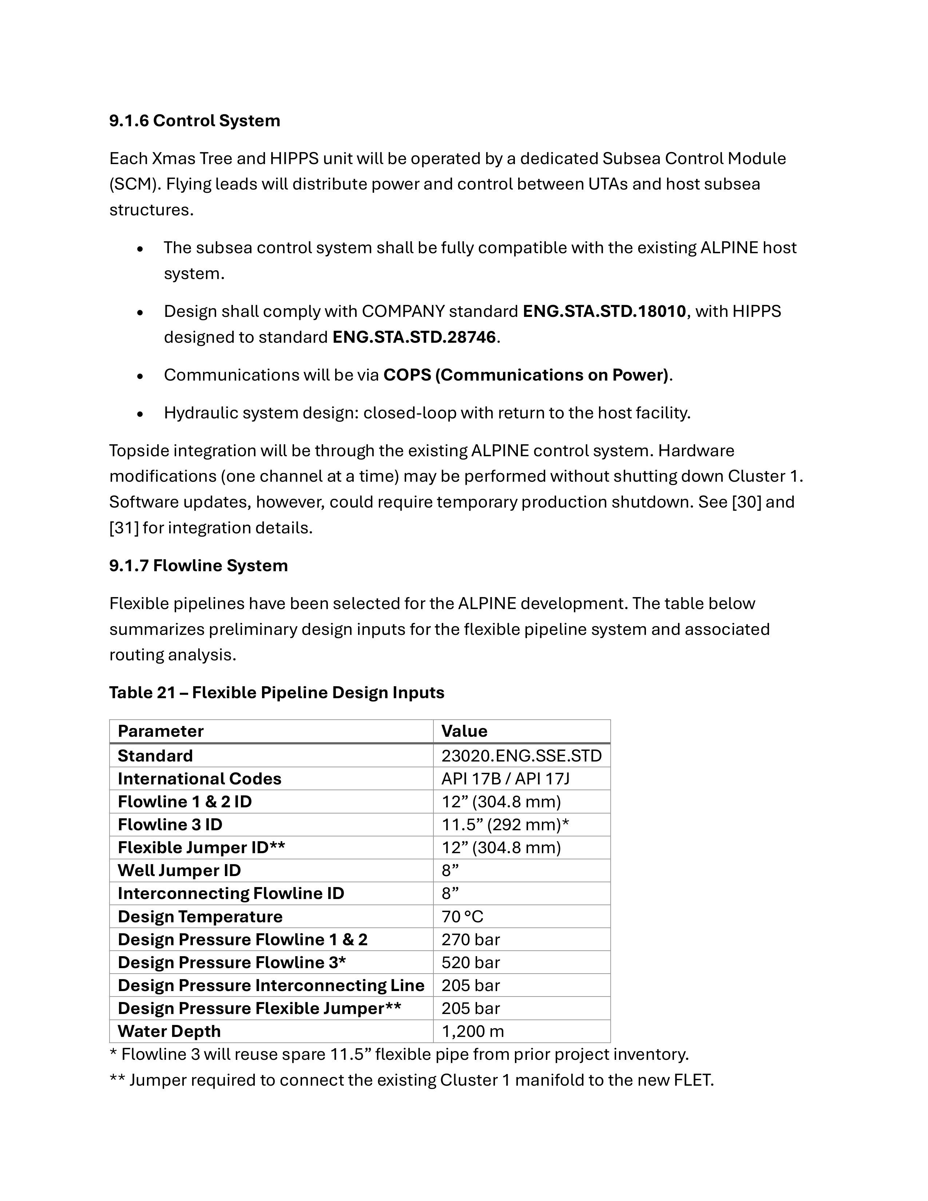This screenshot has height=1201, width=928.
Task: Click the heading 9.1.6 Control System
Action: pyautogui.click(x=194, y=120)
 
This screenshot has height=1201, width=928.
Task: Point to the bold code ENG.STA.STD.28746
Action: pyautogui.click(x=414, y=337)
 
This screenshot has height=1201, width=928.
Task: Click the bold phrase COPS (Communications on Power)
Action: pyautogui.click(x=526, y=375)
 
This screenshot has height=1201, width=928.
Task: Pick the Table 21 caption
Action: pyautogui.click(x=276, y=692)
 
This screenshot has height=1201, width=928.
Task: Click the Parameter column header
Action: pyautogui.click(x=160, y=731)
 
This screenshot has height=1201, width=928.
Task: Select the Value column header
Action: pyautogui.click(x=464, y=731)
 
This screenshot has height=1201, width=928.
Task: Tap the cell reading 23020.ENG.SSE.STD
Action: pyautogui.click(x=521, y=756)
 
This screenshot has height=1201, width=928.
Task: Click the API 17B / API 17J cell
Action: pyautogui.click(x=505, y=779)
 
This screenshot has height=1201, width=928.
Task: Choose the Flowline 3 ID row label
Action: pyautogui.click(x=170, y=824)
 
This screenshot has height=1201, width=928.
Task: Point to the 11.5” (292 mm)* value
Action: pyautogui.click(x=505, y=824)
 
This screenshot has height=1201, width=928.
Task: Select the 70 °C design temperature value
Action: pyautogui.click(x=462, y=917)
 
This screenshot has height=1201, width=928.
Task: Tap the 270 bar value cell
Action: pyautogui.click(x=470, y=939)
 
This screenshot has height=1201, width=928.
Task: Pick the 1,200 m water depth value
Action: pyautogui.click(x=472, y=1031)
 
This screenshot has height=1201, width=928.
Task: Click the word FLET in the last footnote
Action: pyautogui.click(x=692, y=1081)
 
